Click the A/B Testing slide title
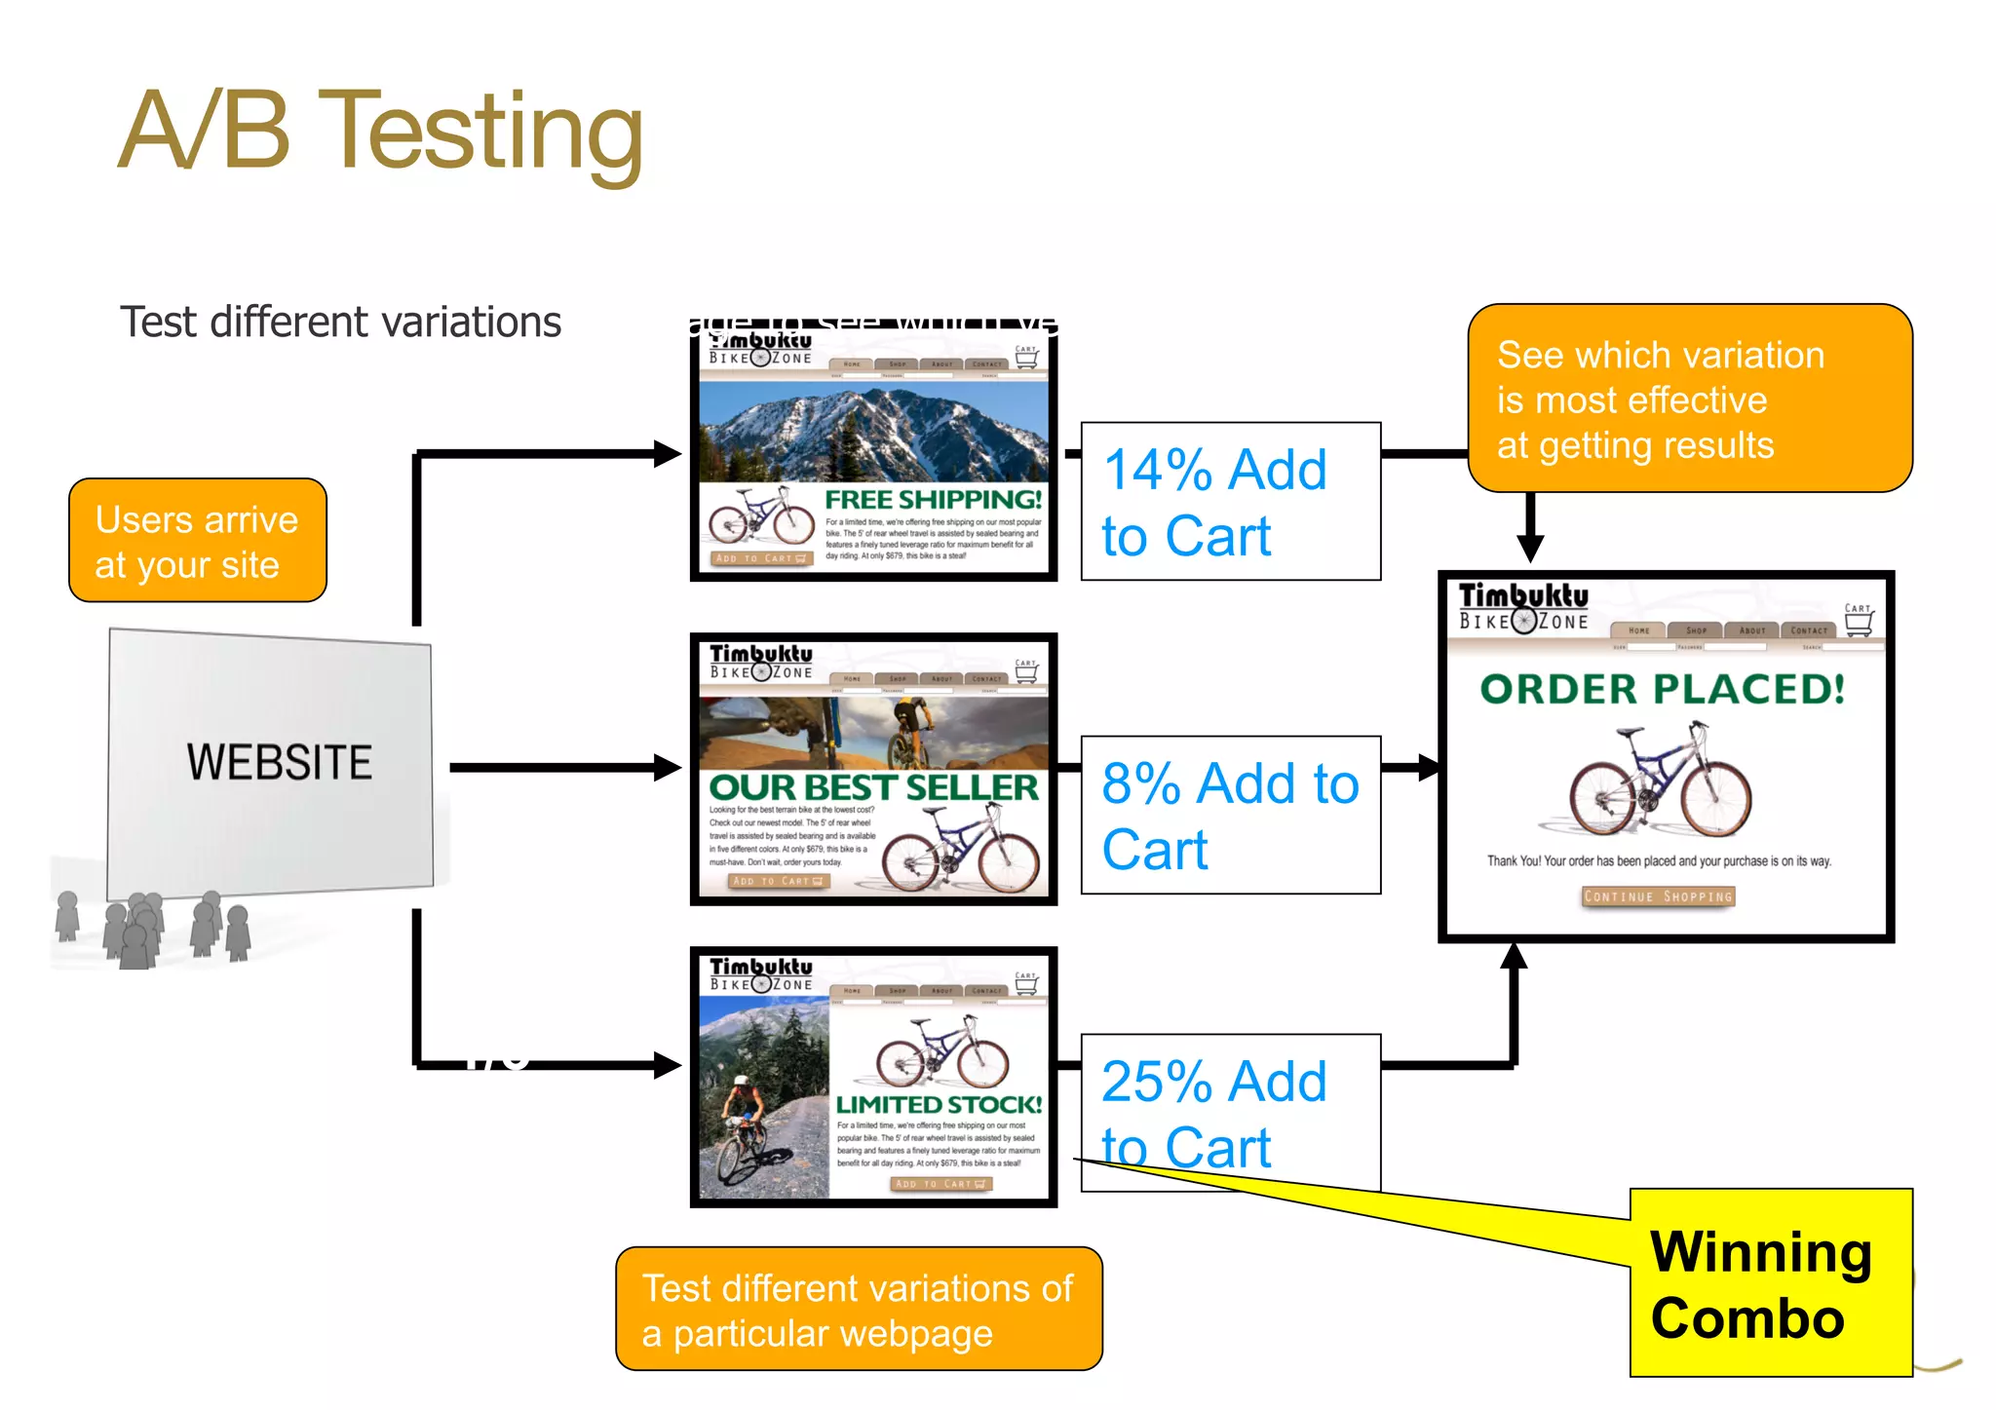click(380, 132)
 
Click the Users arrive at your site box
click(197, 541)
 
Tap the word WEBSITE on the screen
click(279, 762)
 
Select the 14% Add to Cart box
click(1230, 502)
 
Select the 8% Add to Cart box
click(1230, 816)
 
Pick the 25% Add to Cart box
click(1230, 1113)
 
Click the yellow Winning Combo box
click(1770, 1283)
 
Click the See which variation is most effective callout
click(1689, 399)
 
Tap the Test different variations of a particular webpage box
click(858, 1309)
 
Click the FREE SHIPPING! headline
click(933, 500)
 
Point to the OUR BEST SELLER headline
click(873, 787)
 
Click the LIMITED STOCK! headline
click(939, 1104)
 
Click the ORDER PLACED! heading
click(1662, 690)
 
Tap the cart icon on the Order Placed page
click(1858, 622)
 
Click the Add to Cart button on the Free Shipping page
click(760, 558)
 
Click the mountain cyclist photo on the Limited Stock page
click(763, 1101)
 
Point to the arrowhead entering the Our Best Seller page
click(668, 768)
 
